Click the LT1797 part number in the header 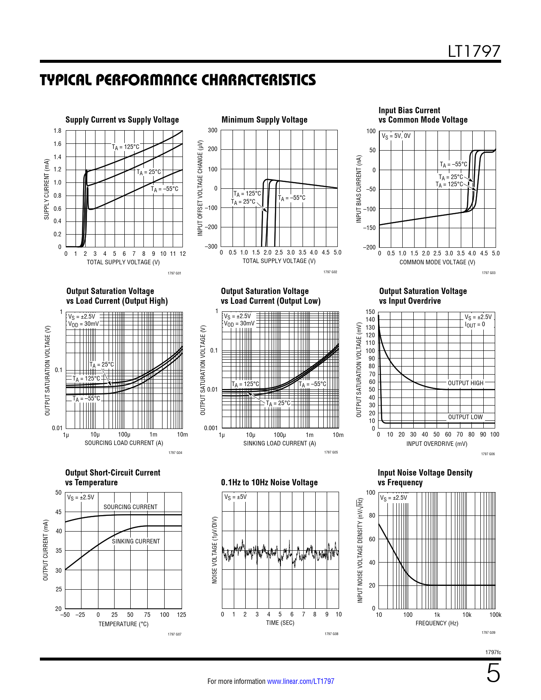(x=474, y=51)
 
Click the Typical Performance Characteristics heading (x=178, y=80)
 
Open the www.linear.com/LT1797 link (x=300, y=681)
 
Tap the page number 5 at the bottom (x=493, y=674)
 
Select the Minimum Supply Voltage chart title (x=264, y=120)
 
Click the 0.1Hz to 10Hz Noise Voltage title (x=269, y=483)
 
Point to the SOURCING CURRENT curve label (x=130, y=507)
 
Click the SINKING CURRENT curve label (x=136, y=541)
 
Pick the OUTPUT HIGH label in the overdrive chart (x=465, y=383)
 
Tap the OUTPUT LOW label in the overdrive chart (x=465, y=417)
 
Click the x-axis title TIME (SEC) (x=280, y=623)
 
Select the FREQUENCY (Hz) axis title (x=437, y=623)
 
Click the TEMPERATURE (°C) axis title (x=123, y=624)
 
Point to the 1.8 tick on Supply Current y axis (x=57, y=131)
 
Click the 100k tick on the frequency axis (x=495, y=615)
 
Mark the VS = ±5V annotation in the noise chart (x=235, y=497)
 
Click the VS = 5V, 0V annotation (x=396, y=136)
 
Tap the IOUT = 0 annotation (x=475, y=325)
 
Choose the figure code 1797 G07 (x=174, y=634)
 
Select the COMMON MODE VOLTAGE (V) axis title (x=437, y=262)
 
